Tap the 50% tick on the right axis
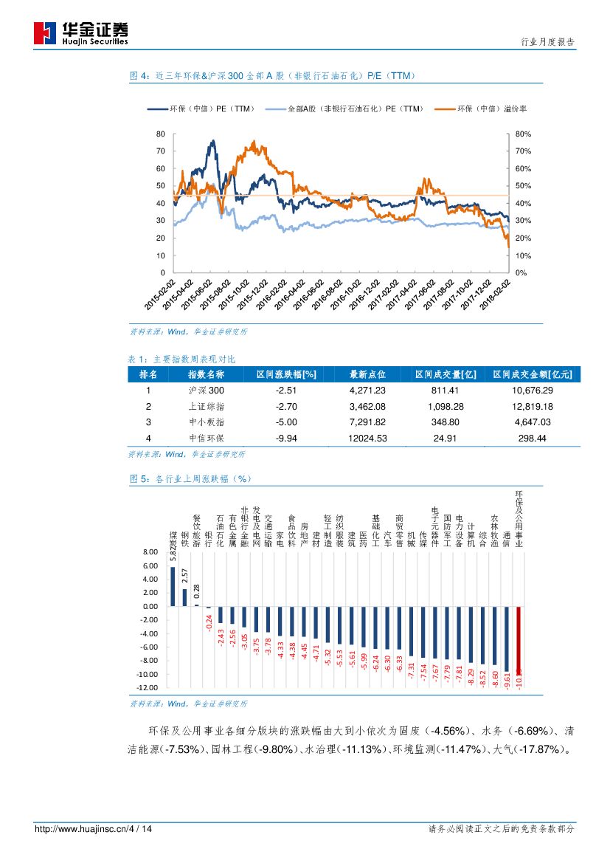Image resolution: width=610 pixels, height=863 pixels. pos(522,186)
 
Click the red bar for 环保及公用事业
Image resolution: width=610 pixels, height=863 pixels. pos(519,646)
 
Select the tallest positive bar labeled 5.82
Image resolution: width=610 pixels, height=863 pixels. pos(173,586)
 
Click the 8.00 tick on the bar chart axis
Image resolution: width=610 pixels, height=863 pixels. pos(150,551)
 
